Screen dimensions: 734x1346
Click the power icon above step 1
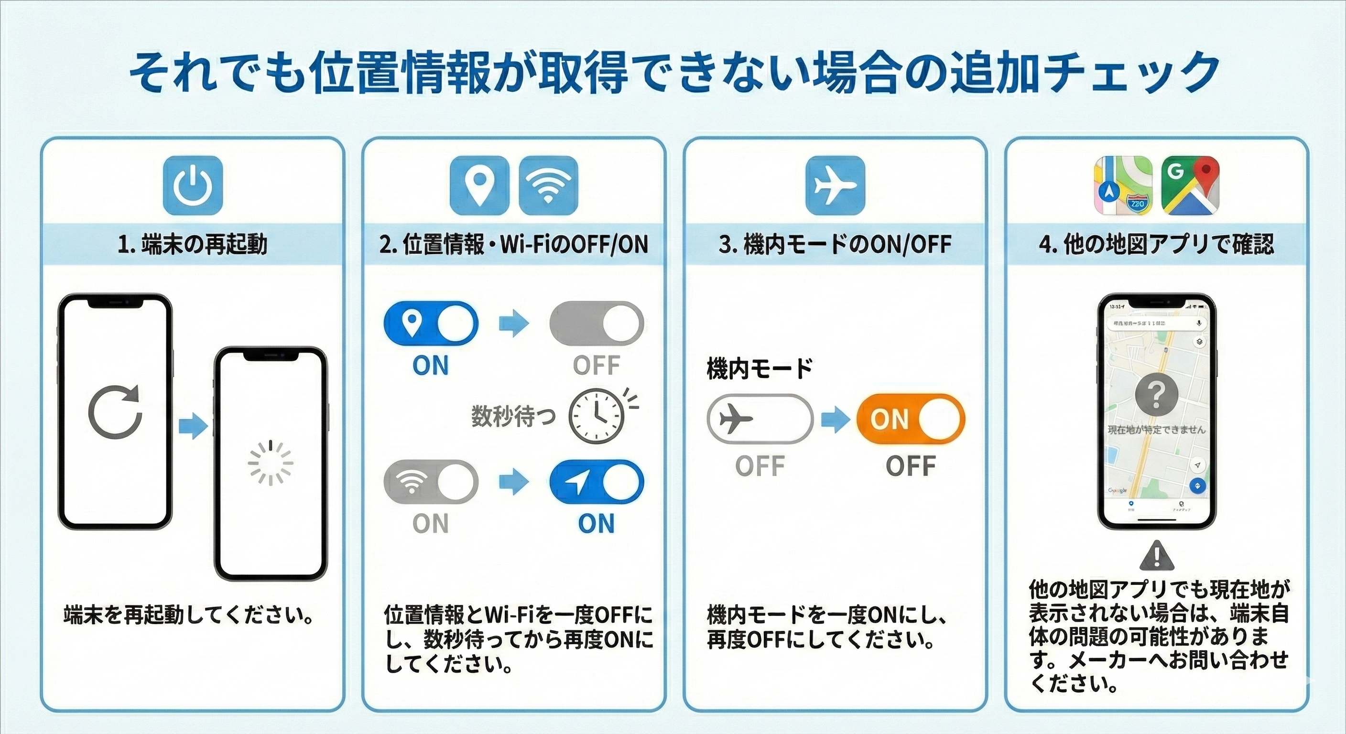coord(193,185)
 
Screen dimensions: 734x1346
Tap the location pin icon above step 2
coord(479,185)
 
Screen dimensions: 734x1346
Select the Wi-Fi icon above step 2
coord(548,185)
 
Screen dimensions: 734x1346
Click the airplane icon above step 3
coord(835,185)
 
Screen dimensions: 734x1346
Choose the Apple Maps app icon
coord(1123,185)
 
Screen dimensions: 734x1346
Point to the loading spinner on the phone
coord(270,463)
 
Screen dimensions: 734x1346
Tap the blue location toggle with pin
coord(431,323)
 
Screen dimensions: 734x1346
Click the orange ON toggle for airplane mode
coord(911,419)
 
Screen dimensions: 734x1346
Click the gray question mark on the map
coord(1156,394)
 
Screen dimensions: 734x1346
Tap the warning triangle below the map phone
coord(1156,556)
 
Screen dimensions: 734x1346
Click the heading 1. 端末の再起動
coord(193,245)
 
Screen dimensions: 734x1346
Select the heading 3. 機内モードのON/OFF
coord(835,245)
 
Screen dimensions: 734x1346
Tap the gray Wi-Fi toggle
coord(431,482)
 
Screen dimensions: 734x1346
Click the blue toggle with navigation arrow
coord(597,482)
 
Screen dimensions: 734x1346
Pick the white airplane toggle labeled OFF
coord(760,419)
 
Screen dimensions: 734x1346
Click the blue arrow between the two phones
coord(193,426)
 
